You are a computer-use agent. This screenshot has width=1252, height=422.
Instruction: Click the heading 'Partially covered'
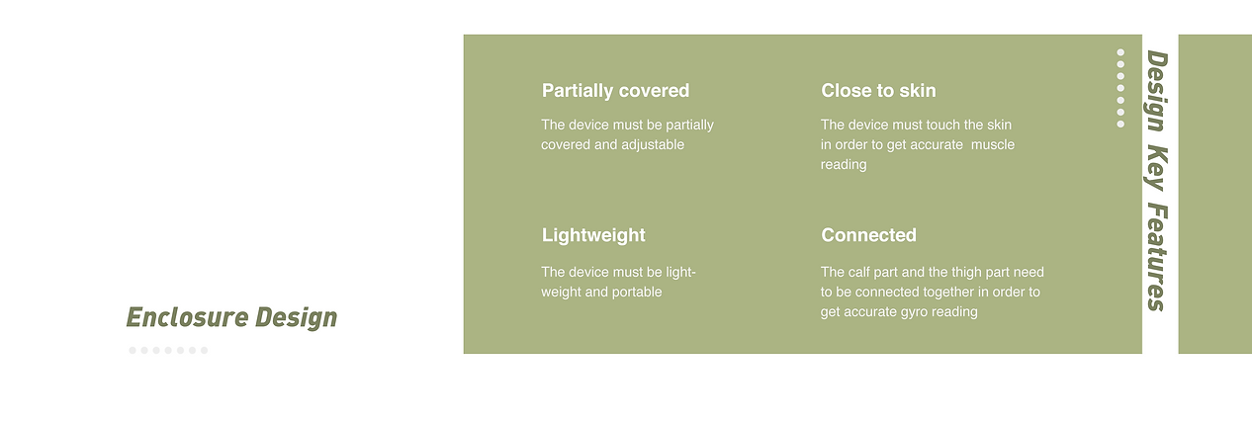pyautogui.click(x=615, y=91)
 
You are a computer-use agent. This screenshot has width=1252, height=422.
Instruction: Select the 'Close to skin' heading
pyautogui.click(x=878, y=91)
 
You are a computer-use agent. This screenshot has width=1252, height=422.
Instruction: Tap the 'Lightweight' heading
pyautogui.click(x=593, y=235)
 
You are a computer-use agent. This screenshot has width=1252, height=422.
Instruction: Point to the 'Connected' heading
pyautogui.click(x=868, y=235)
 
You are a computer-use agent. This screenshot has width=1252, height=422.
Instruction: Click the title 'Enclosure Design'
pyautogui.click(x=231, y=317)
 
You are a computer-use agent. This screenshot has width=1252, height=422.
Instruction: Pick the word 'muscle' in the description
pyautogui.click(x=993, y=145)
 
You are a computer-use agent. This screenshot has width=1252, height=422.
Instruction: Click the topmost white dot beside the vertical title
pyautogui.click(x=1120, y=52)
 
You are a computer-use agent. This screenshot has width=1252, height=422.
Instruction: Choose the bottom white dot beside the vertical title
pyautogui.click(x=1120, y=124)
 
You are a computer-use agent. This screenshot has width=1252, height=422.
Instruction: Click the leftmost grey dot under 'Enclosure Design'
pyautogui.click(x=133, y=350)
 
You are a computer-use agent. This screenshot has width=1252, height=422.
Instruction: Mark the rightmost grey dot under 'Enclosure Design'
pyautogui.click(x=204, y=350)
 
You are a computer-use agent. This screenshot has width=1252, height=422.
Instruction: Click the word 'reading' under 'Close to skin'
pyautogui.click(x=844, y=165)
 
